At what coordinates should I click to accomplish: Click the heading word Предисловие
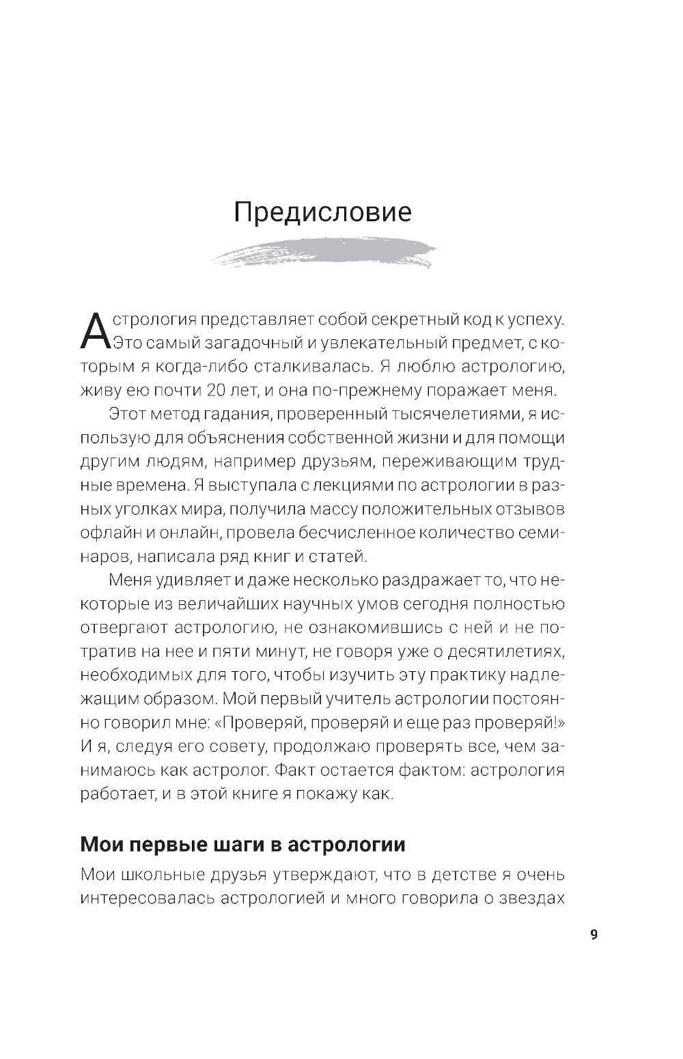(322, 212)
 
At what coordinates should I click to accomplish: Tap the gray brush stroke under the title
(324, 254)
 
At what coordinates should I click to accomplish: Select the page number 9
(594, 934)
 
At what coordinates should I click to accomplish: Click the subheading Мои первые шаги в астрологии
(242, 844)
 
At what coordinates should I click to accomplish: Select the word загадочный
(245, 343)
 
